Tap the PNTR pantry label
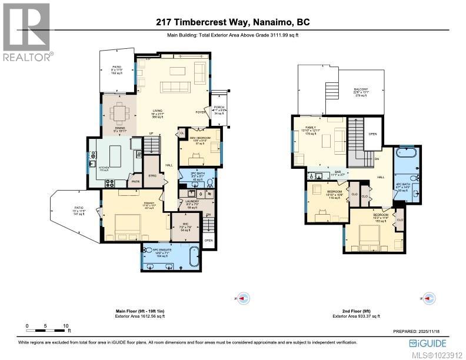(x=135, y=182)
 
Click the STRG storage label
(x=152, y=175)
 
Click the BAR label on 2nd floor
(x=323, y=173)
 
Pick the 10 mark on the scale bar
(x=66, y=325)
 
